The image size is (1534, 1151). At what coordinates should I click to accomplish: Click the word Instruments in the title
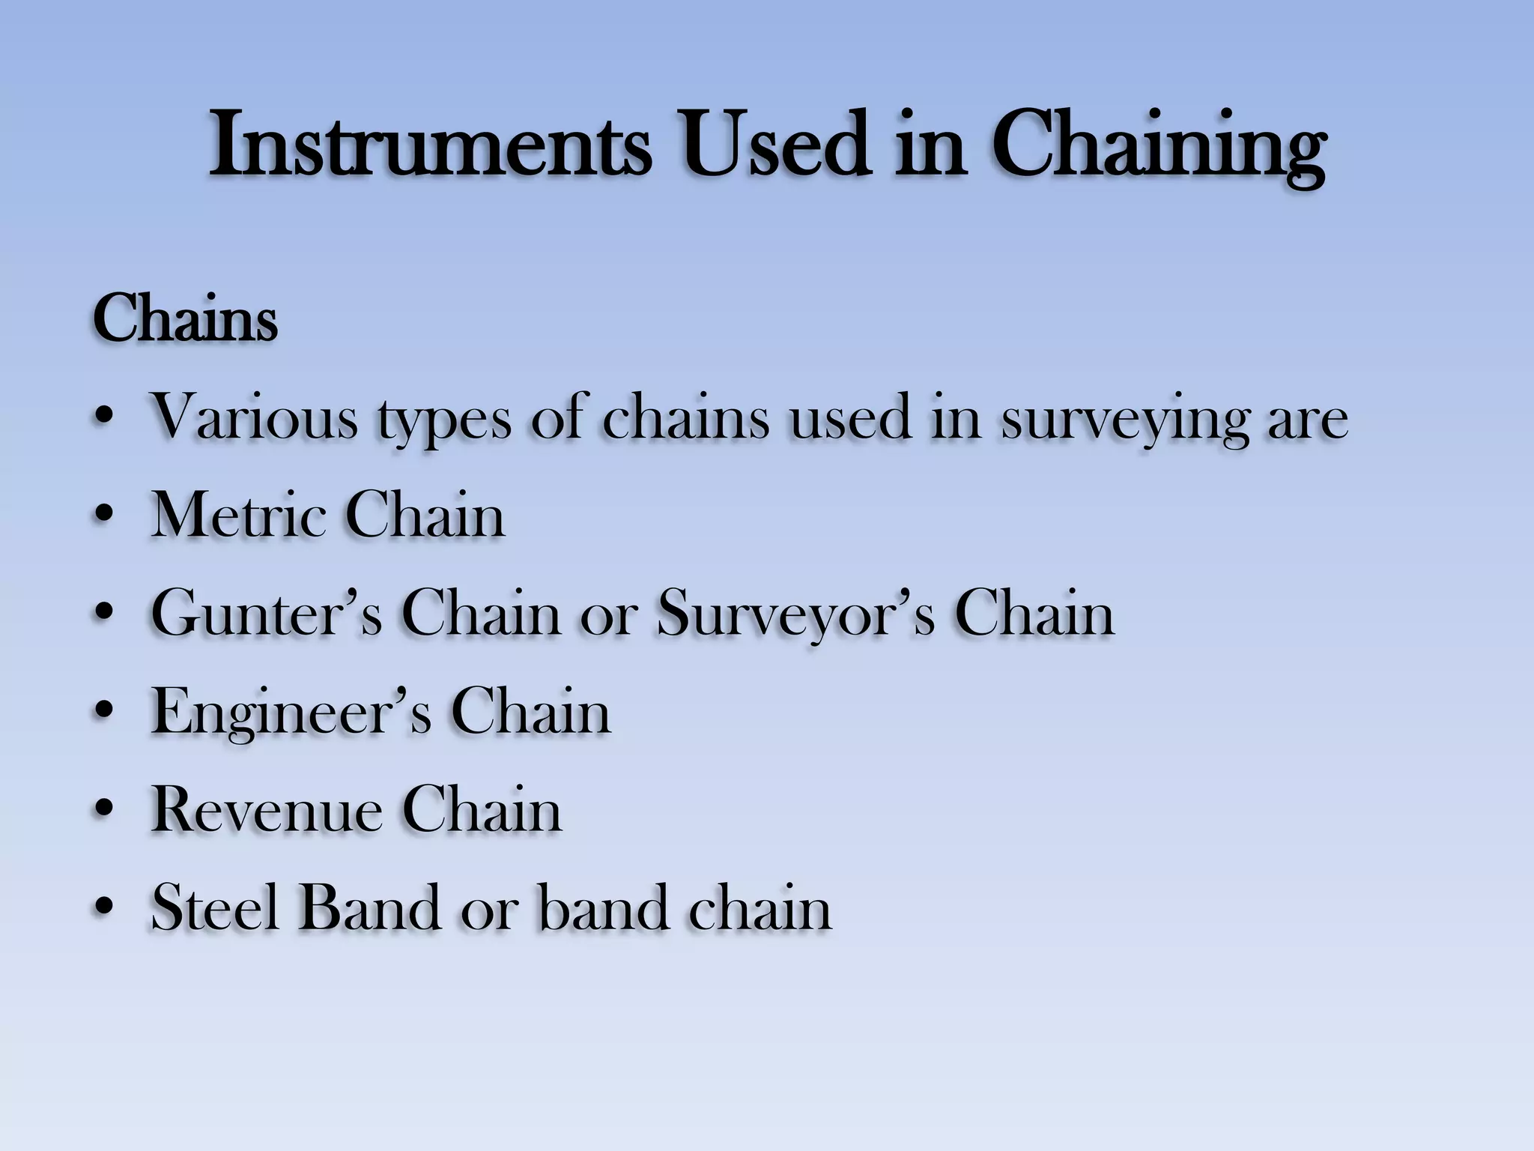point(430,144)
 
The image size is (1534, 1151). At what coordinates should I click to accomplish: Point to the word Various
point(255,417)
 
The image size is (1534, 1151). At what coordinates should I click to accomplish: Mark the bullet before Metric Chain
point(105,517)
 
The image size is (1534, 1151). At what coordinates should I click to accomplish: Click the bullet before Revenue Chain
point(105,811)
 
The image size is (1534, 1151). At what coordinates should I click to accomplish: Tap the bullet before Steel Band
point(105,909)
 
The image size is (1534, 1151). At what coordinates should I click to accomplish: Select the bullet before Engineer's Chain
point(105,713)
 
